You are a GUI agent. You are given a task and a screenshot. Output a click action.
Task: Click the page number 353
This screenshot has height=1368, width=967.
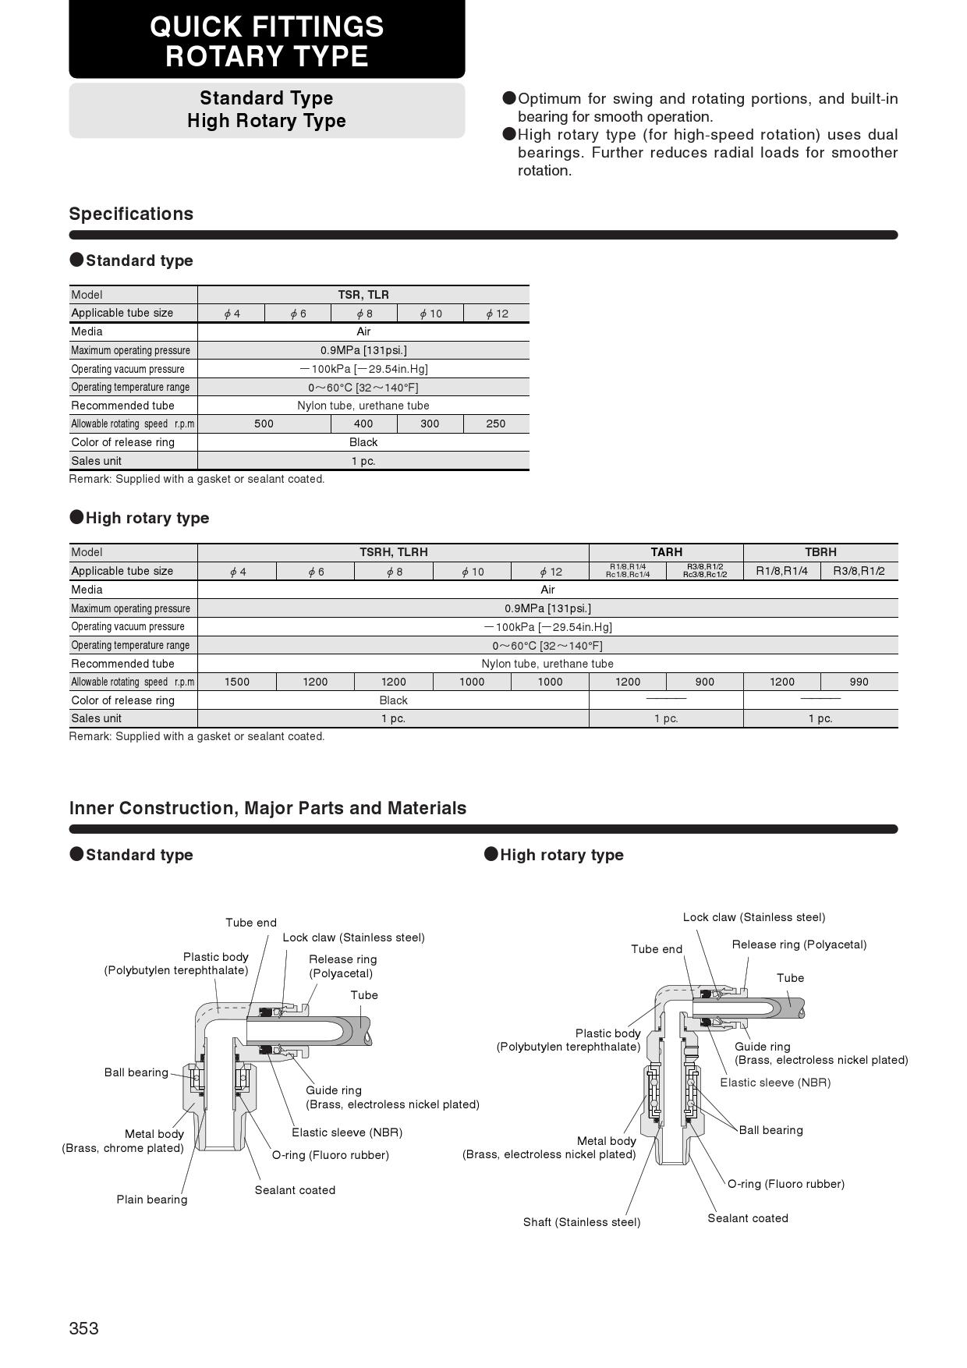coord(84,1328)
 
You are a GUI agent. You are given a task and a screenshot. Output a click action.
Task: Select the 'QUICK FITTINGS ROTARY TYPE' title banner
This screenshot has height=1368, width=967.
coord(267,41)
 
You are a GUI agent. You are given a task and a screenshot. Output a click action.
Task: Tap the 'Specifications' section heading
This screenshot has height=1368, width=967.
coord(131,214)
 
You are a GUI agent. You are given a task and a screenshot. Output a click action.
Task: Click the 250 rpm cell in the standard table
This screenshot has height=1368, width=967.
coord(496,424)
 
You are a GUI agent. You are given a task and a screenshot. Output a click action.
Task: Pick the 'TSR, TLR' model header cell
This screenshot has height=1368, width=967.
coord(363,295)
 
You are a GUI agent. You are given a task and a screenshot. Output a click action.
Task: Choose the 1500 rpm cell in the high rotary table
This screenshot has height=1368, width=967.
coord(237,682)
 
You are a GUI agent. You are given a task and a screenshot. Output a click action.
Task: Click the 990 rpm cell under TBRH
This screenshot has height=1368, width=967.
coord(859,682)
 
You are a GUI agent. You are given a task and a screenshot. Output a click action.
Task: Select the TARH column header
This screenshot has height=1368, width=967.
coord(666,552)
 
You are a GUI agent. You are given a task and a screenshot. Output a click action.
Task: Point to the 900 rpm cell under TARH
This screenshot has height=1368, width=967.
coord(704,682)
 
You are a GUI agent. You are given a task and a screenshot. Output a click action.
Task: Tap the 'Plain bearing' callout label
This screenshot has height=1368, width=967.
coord(152,1200)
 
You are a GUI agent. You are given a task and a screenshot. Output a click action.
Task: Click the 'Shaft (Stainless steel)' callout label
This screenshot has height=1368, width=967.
coord(582,1222)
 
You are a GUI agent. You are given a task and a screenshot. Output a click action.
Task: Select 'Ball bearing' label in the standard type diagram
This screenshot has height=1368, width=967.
coord(136,1072)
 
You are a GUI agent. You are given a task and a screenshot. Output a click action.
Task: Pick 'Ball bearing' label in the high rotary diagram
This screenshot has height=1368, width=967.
coord(770,1130)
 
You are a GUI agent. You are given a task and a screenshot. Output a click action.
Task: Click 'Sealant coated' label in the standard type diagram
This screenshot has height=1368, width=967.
coord(295,1190)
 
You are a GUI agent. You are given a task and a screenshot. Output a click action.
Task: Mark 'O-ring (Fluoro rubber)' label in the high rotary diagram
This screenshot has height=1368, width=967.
coord(786,1184)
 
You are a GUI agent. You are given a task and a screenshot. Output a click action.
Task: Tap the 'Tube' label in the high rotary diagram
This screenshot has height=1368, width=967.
coord(790,978)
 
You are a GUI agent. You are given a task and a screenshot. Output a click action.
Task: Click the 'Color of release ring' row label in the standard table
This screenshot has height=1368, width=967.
coord(122,442)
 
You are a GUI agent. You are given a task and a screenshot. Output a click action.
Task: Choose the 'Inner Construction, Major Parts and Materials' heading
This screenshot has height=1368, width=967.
coord(267,808)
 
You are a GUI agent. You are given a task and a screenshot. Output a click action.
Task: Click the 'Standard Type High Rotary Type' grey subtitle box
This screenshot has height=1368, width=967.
coord(267,110)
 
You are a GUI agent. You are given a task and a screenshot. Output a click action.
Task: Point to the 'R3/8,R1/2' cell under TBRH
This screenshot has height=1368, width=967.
coord(859,571)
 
